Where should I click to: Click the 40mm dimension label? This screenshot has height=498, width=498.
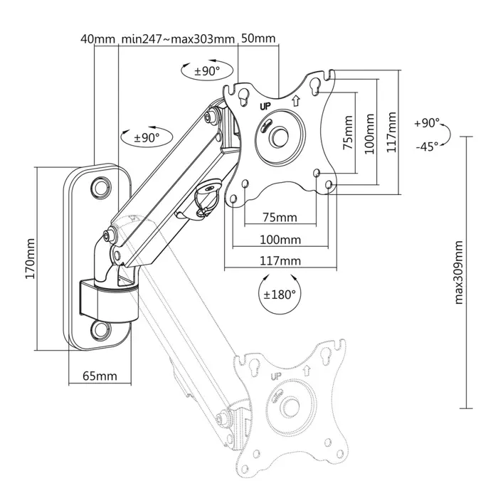pyautogui.click(x=98, y=38)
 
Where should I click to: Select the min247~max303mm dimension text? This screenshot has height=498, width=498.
pyautogui.click(x=177, y=38)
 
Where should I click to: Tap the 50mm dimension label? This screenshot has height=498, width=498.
pyautogui.click(x=258, y=38)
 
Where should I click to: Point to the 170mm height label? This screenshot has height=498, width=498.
pyautogui.click(x=29, y=259)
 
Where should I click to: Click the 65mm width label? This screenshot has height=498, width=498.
pyautogui.click(x=99, y=375)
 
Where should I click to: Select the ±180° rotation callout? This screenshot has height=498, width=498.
pyautogui.click(x=279, y=293)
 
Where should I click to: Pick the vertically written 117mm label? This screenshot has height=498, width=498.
pyautogui.click(x=391, y=132)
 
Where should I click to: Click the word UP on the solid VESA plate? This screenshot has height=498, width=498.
pyautogui.click(x=266, y=106)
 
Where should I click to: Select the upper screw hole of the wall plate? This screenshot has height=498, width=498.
pyautogui.click(x=100, y=185)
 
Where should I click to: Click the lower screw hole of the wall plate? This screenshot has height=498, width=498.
pyautogui.click(x=99, y=329)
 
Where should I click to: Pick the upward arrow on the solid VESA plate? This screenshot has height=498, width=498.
pyautogui.click(x=295, y=100)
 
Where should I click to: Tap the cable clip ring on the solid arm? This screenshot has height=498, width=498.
pyautogui.click(x=206, y=191)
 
